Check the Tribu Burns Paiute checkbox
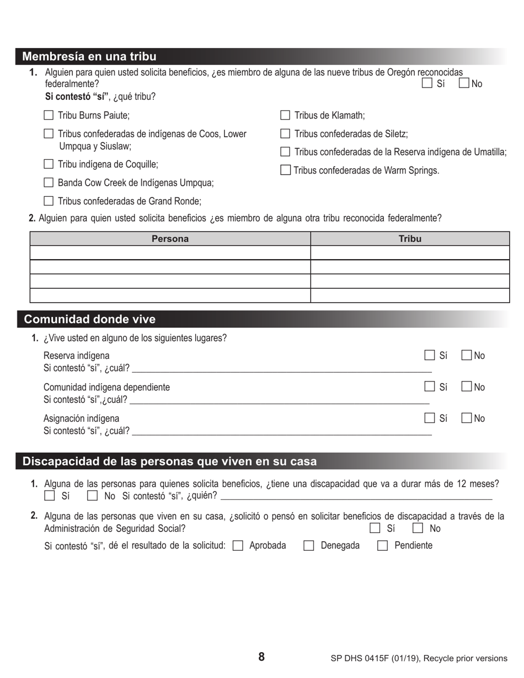pos(49,115)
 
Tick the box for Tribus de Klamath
pos(285,115)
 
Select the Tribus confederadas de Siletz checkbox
pos(285,133)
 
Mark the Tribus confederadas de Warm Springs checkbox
pos(285,170)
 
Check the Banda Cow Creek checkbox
pos(49,182)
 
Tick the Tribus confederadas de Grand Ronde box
pos(49,201)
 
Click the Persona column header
pos(170,239)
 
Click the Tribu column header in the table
pos(410,239)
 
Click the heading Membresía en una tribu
pos(89,56)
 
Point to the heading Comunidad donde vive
pos(89,319)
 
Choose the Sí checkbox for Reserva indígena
pos(430,356)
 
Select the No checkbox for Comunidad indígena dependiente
pos(466,387)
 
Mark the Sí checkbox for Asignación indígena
pos(430,418)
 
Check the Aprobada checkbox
pos(238,546)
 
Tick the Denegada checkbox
pos(309,546)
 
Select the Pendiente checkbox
pos(383,546)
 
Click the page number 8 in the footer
pos(261,657)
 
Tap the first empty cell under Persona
pos(170,252)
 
